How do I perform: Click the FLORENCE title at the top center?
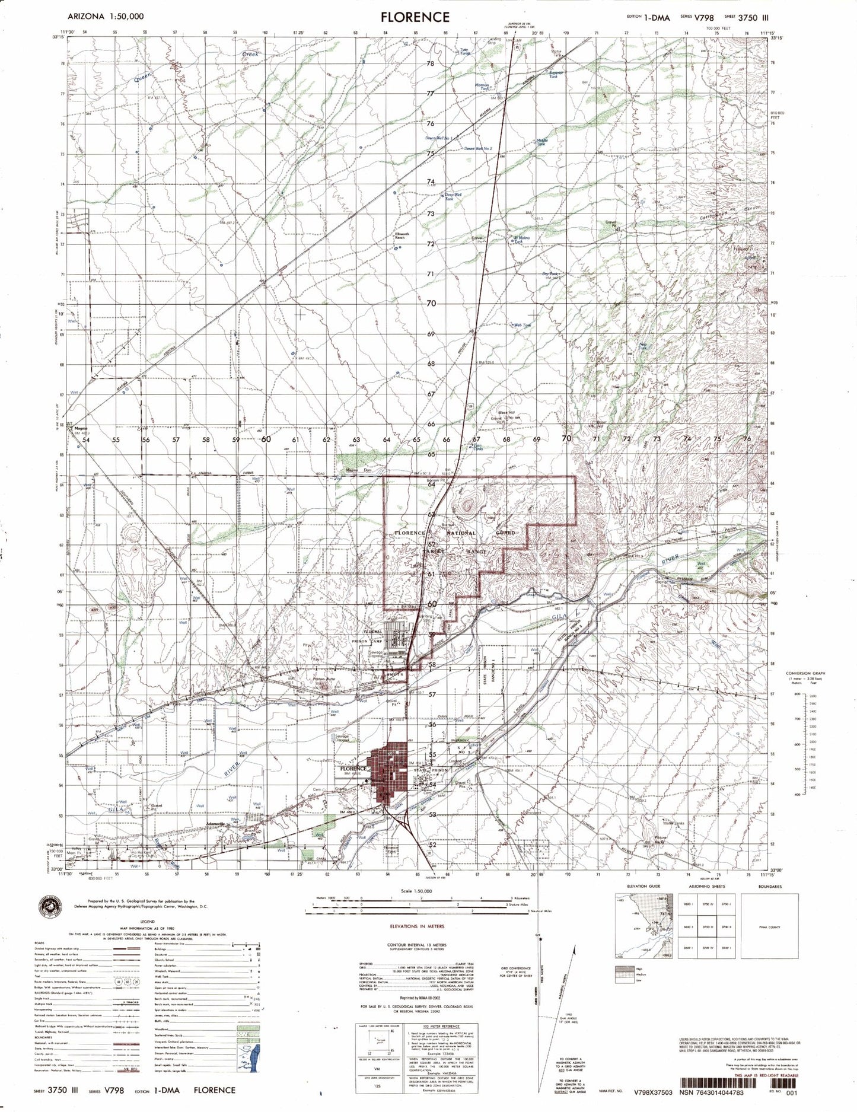(x=415, y=17)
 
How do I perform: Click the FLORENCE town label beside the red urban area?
(x=354, y=769)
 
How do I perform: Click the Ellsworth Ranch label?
(x=402, y=236)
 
